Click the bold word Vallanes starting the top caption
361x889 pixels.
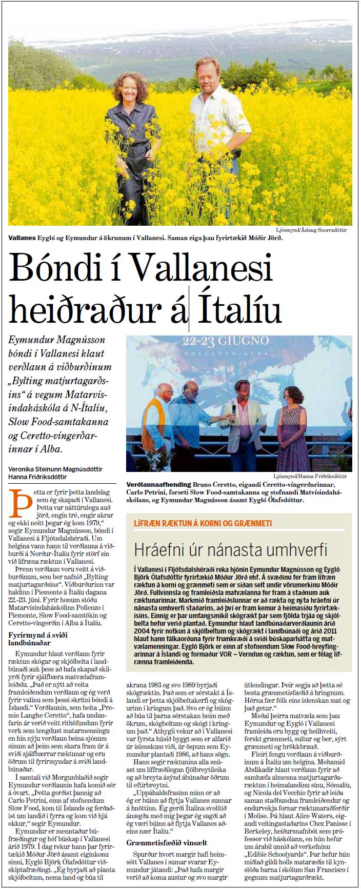[x=22, y=239]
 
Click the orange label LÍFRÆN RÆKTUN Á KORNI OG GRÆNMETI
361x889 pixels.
[x=202, y=523]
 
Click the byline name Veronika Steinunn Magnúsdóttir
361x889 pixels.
[x=58, y=468]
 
